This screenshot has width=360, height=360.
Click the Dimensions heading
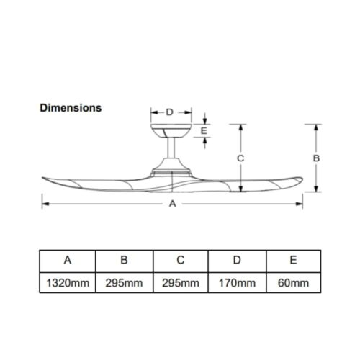70,108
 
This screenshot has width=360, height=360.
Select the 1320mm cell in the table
67,282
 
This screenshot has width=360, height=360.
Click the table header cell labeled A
67,260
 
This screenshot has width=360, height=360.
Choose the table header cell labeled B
124,260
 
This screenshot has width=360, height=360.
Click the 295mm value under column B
124,282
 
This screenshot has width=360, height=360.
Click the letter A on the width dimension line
172,204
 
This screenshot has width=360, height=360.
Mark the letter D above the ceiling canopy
170,112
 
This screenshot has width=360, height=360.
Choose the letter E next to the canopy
205,131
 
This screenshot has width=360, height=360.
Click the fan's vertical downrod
171,152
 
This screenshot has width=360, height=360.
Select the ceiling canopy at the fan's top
171,131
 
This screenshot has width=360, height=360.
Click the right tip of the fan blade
301,180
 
